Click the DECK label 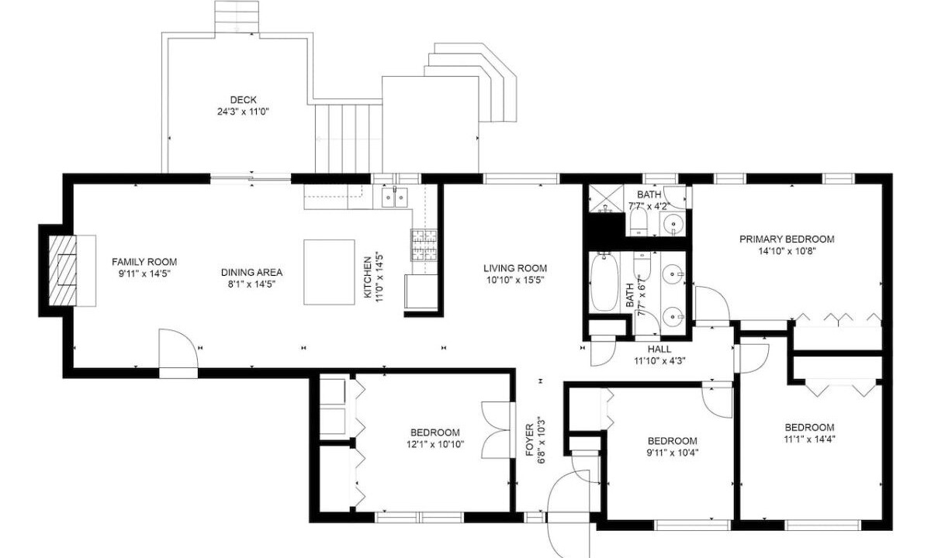click(243, 100)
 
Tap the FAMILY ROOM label click(144, 262)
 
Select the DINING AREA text click(251, 272)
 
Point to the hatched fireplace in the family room click(62, 271)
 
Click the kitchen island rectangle click(329, 272)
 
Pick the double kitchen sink click(394, 197)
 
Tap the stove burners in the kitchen click(424, 245)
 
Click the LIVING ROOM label click(515, 268)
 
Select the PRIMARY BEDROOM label click(787, 239)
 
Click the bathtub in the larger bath click(604, 281)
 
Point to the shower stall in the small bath click(606, 198)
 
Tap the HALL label click(659, 350)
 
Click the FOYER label click(530, 439)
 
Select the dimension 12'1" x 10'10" click(435, 445)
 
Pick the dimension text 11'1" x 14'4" click(809, 439)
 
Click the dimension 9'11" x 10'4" click(673, 453)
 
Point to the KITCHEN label click(368, 277)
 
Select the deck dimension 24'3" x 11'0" click(243, 112)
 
